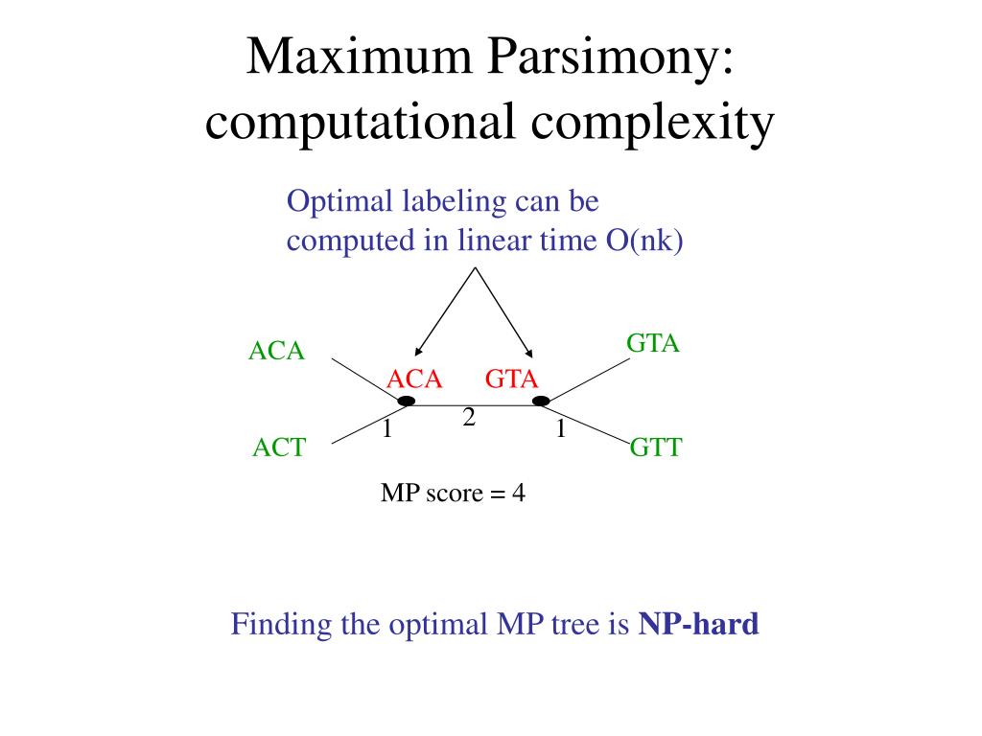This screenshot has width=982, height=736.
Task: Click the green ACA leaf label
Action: pos(276,351)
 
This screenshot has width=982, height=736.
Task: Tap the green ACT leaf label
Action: pos(279,448)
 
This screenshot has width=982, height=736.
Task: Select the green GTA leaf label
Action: pos(652,343)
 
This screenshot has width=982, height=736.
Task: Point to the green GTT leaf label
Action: pos(656,448)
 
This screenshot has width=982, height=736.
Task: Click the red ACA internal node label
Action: pos(414,379)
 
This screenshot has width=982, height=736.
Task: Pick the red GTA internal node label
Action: pos(512,379)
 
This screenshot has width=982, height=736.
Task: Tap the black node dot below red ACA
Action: pos(407,401)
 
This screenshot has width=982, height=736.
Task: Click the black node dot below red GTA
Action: pos(541,401)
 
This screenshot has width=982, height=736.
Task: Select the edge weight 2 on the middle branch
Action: pos(469,418)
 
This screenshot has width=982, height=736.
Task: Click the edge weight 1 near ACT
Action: pos(387,428)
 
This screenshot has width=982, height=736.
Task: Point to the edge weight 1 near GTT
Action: pos(560,428)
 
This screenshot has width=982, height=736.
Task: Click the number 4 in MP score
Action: pos(519,494)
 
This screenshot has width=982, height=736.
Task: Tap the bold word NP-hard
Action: pos(698,624)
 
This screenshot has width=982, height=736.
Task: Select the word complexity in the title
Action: pos(652,123)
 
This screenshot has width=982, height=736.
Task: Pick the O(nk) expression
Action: pos(643,241)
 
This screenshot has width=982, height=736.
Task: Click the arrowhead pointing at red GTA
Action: pos(528,353)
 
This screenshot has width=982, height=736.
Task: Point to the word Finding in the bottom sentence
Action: pos(281,625)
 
